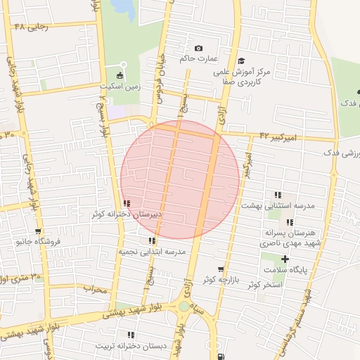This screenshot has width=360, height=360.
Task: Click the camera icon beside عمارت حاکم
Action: (198, 48)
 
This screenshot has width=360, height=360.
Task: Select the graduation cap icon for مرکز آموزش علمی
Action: (241, 61)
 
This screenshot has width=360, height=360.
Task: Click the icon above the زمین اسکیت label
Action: (120, 75)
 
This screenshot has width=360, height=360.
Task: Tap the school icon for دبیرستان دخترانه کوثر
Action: (126, 204)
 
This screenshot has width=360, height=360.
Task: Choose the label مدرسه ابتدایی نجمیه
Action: (152, 251)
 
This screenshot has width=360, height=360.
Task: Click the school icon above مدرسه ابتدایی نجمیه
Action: (152, 240)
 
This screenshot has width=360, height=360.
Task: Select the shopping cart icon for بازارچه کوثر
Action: (221, 269)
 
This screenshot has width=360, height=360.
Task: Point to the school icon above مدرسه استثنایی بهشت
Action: (278, 195)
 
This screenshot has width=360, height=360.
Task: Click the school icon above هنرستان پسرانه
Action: (289, 222)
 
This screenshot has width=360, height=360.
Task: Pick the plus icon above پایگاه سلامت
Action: (284, 259)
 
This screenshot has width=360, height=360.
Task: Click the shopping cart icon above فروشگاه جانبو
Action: (38, 231)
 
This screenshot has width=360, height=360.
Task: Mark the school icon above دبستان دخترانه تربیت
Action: (131, 335)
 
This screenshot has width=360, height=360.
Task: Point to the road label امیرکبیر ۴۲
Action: (278, 136)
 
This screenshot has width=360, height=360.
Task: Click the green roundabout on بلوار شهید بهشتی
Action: (184, 307)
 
